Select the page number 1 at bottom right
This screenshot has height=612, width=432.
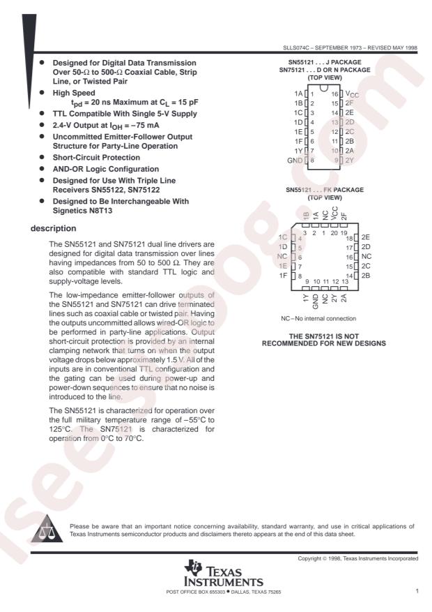pos(416,592)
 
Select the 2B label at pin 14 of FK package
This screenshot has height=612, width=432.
pos(367,276)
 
